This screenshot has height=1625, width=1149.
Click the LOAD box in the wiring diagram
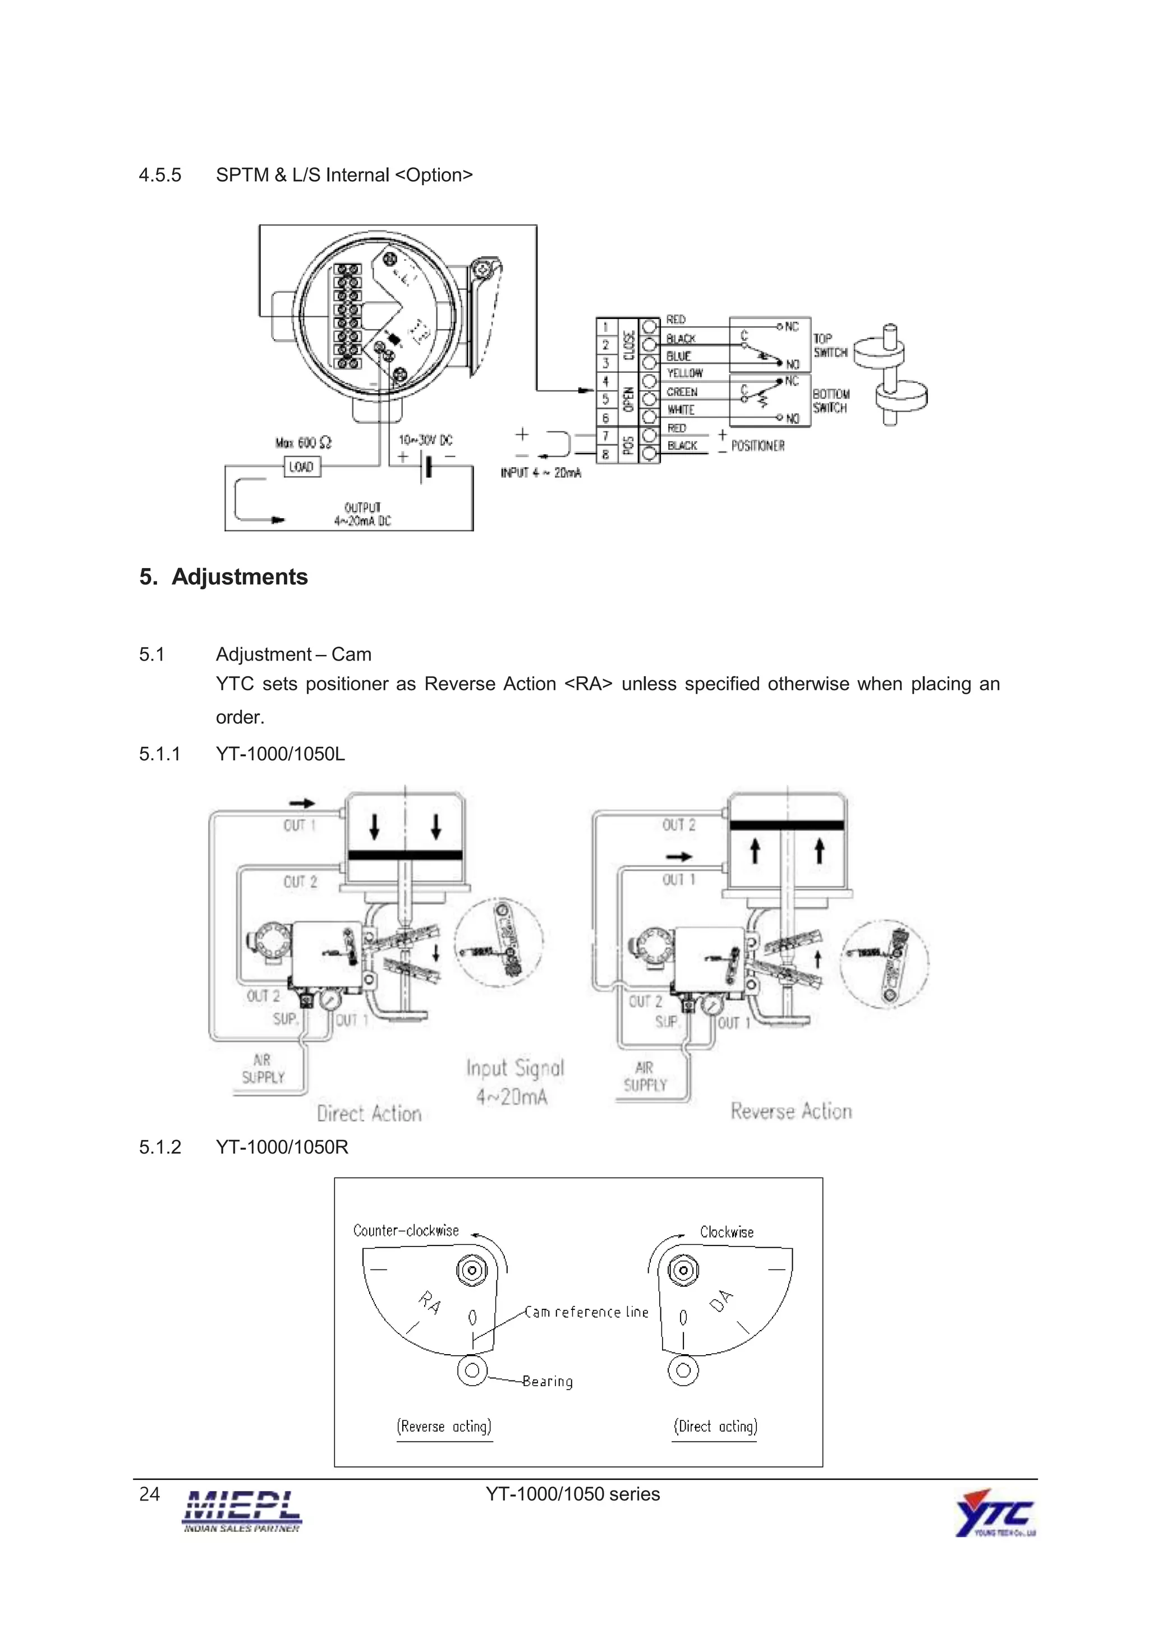tap(302, 467)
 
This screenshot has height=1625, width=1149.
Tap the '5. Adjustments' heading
tap(224, 577)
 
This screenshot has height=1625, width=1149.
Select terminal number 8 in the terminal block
tap(605, 454)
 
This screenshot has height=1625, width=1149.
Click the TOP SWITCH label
tap(830, 345)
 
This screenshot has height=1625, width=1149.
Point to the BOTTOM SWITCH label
tap(830, 400)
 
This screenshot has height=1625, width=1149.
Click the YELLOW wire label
tap(684, 373)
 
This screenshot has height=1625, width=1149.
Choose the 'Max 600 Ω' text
tap(303, 442)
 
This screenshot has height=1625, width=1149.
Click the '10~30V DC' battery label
tap(425, 440)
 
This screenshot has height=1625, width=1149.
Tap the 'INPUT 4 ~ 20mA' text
tap(541, 473)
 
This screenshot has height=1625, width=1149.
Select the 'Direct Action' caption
tap(369, 1113)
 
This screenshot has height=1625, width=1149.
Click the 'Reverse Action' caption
tap(790, 1110)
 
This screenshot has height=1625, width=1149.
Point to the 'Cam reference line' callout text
tap(586, 1312)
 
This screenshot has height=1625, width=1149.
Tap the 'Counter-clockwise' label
tap(406, 1230)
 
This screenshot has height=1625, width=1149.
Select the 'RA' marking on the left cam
tap(430, 1301)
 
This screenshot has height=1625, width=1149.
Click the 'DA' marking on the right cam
tap(721, 1300)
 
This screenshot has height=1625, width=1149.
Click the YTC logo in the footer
tap(995, 1513)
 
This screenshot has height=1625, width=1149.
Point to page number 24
tap(149, 1493)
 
